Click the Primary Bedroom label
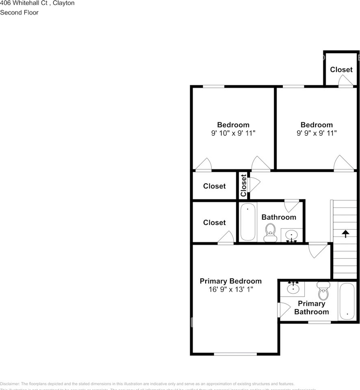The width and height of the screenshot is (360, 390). pyautogui.click(x=230, y=281)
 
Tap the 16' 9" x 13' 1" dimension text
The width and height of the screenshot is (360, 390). pyautogui.click(x=230, y=290)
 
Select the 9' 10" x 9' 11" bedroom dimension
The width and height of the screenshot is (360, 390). pyautogui.click(x=233, y=133)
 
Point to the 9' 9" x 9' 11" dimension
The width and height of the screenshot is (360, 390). pyautogui.click(x=317, y=133)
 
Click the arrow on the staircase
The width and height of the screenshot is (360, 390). pyautogui.click(x=345, y=234)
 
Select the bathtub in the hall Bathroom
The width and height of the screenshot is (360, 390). pyautogui.click(x=247, y=222)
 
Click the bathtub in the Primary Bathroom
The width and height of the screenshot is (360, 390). pyautogui.click(x=347, y=301)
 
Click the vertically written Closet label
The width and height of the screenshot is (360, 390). pyautogui.click(x=243, y=185)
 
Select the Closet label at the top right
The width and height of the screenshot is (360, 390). pyautogui.click(x=341, y=69)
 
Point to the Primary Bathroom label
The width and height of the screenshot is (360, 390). pyautogui.click(x=312, y=308)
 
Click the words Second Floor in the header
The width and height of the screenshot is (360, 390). pyautogui.click(x=20, y=13)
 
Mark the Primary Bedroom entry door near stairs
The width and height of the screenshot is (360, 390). pyautogui.click(x=318, y=249)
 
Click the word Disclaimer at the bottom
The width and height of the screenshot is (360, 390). pyautogui.click(x=10, y=384)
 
